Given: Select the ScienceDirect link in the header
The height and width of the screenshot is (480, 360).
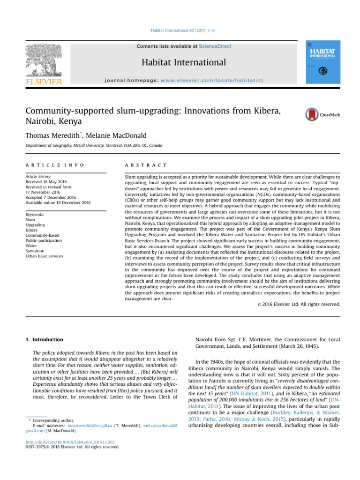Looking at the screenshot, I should click(x=215, y=46).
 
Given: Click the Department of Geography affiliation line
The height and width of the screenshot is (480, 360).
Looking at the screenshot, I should click(x=94, y=146).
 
